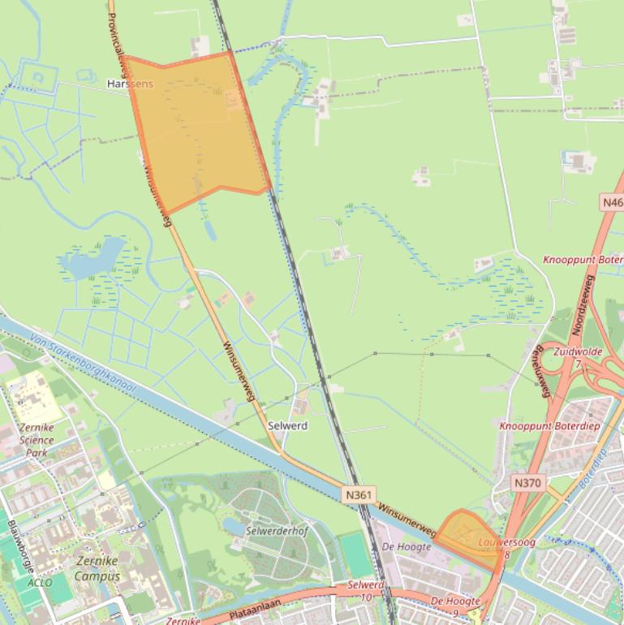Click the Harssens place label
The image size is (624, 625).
point(130,84)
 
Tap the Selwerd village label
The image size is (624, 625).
point(287,425)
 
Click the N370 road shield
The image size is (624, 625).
point(527,482)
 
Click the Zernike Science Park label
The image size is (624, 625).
point(36,440)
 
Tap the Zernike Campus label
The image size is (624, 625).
point(97,568)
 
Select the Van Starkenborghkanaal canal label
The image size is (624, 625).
point(81,362)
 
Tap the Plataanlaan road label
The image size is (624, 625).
point(241,606)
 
